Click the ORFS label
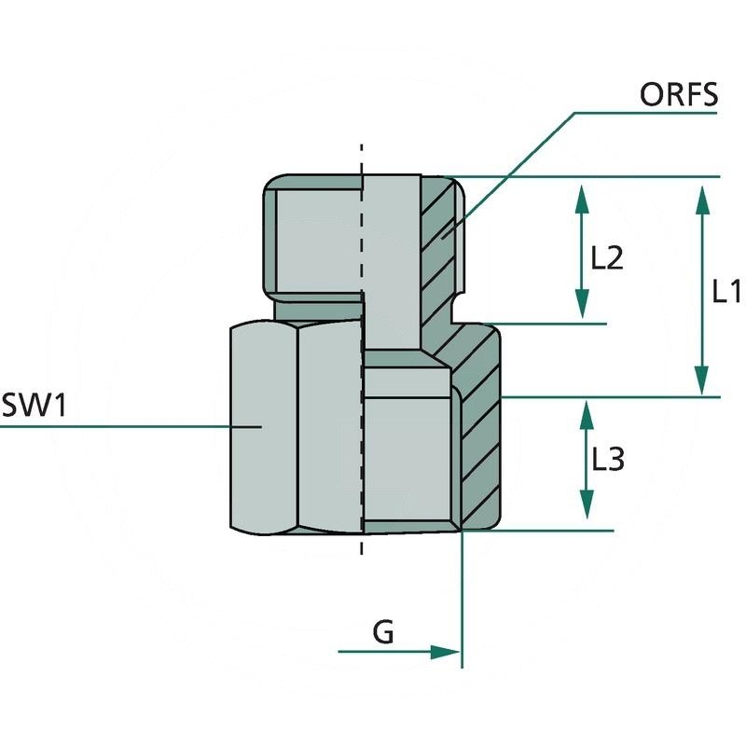pyautogui.click(x=678, y=95)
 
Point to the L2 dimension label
pyautogui.click(x=607, y=257)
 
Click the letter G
pyautogui.click(x=383, y=633)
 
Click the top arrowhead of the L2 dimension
pyautogui.click(x=582, y=199)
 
